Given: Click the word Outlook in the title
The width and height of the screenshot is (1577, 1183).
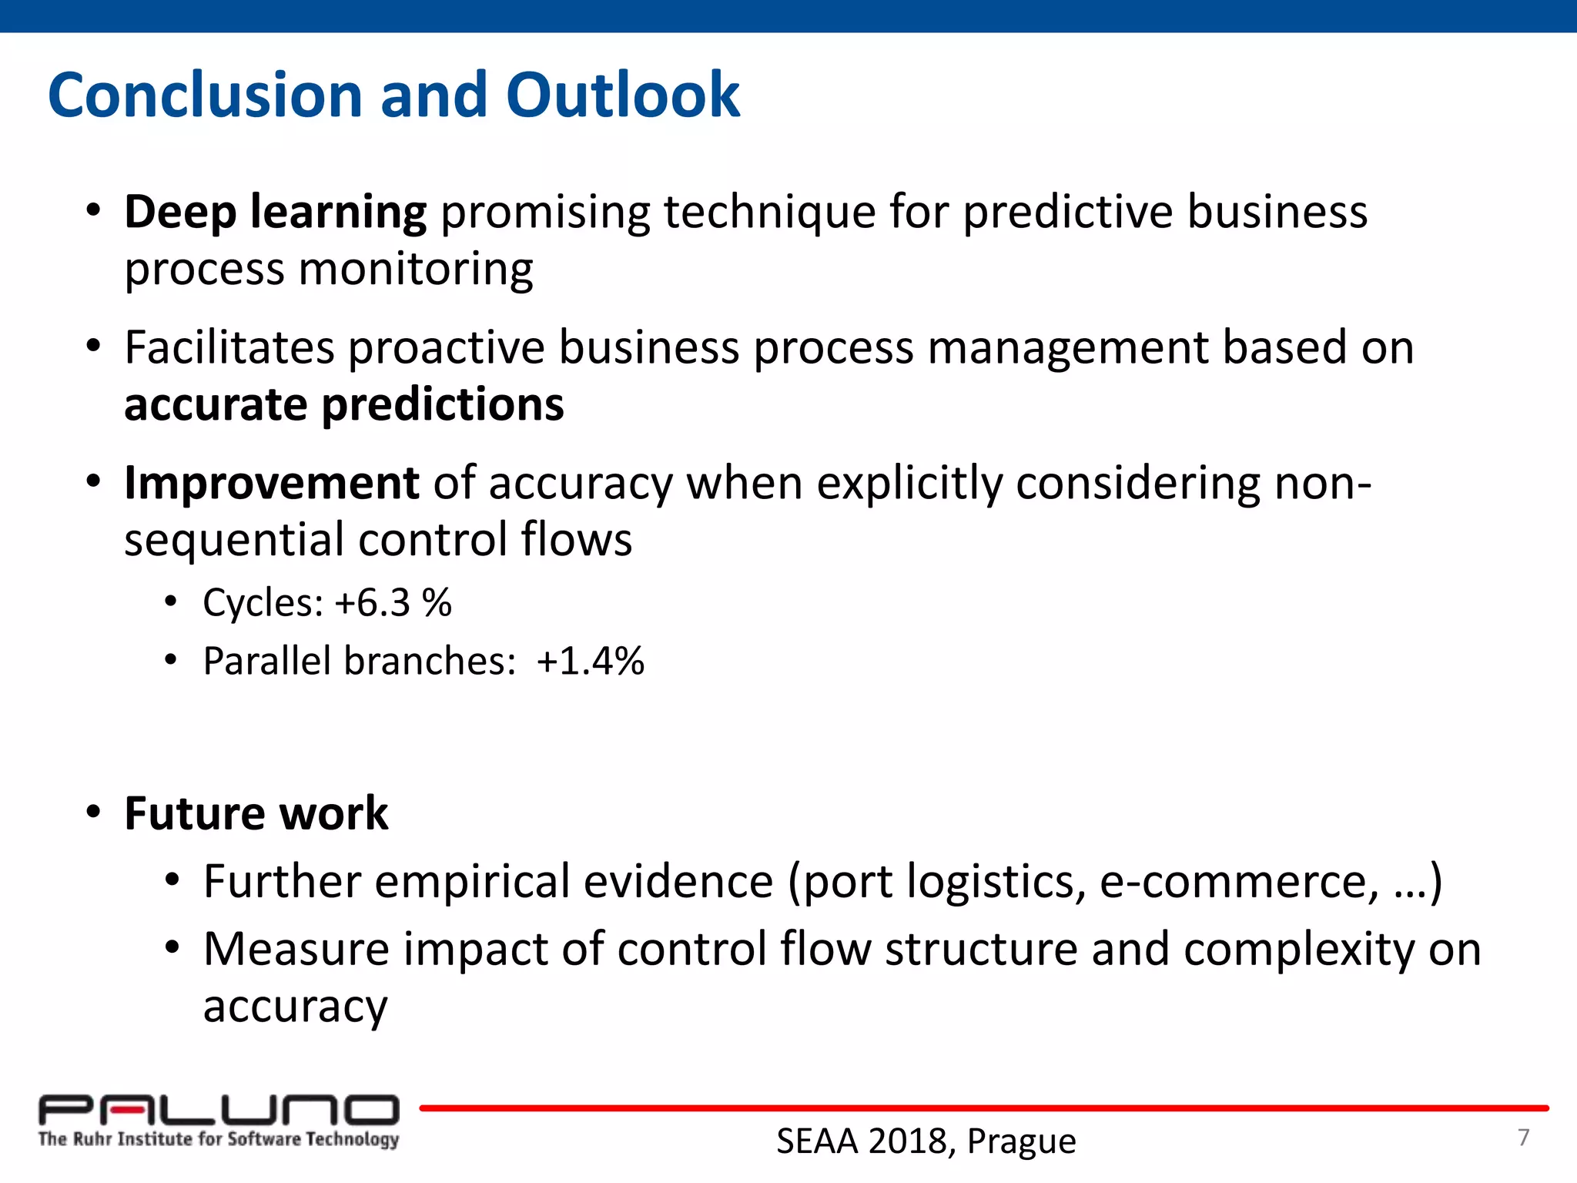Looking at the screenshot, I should (x=622, y=95).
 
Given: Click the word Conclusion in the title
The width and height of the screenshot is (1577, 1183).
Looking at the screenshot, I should (x=205, y=95).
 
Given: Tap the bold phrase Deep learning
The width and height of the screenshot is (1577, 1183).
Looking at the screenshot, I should (x=275, y=212).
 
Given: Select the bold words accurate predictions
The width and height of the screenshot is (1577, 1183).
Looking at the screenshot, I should (x=343, y=404).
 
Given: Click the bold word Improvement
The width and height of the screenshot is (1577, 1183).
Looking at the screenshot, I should (x=271, y=483).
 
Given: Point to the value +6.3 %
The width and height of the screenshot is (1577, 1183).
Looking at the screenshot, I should (x=393, y=602).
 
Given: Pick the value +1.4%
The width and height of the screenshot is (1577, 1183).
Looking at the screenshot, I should (x=591, y=661).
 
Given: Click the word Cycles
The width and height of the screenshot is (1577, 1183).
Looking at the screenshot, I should (x=263, y=602).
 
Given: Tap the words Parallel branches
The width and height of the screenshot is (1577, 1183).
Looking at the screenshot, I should (x=359, y=661).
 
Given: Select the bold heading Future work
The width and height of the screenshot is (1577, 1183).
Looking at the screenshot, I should (x=256, y=813).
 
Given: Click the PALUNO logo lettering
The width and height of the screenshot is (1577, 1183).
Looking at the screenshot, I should (x=219, y=1110).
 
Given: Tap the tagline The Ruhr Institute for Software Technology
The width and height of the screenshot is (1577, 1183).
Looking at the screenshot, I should (x=219, y=1139).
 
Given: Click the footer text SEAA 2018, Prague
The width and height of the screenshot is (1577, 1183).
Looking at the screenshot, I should (x=926, y=1141).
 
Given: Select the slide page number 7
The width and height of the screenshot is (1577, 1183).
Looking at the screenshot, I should (x=1523, y=1138).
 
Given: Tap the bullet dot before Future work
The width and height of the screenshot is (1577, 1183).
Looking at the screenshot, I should (x=94, y=812).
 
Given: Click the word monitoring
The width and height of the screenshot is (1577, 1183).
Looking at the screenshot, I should (x=415, y=270).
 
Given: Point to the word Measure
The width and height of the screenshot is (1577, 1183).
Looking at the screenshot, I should (x=296, y=949).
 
